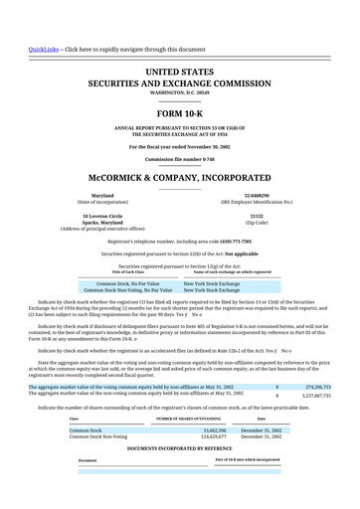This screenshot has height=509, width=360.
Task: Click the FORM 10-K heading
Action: click(179, 114)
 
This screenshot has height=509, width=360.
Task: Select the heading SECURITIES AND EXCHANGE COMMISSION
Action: click(180, 85)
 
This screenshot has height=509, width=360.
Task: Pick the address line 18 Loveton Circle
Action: click(102, 215)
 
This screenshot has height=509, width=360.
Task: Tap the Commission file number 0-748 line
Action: click(179, 158)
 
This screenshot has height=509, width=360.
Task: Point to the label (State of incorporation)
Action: click(102, 202)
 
